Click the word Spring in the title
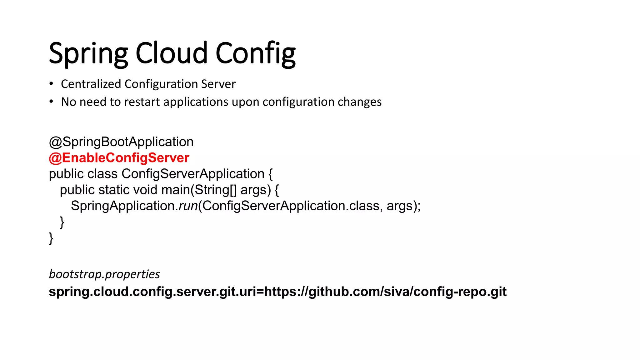click(x=88, y=54)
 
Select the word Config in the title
click(x=255, y=54)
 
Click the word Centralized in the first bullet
click(x=91, y=84)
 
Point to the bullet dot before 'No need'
click(x=51, y=102)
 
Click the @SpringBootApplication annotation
click(x=121, y=142)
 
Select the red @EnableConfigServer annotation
click(x=119, y=158)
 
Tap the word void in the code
click(x=145, y=190)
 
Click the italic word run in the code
click(x=188, y=206)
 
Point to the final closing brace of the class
click(x=51, y=238)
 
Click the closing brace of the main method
click(x=62, y=222)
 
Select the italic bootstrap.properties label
click(x=104, y=274)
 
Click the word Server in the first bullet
click(x=218, y=84)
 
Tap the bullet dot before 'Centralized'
click(x=51, y=84)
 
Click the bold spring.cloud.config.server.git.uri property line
click(x=277, y=292)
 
